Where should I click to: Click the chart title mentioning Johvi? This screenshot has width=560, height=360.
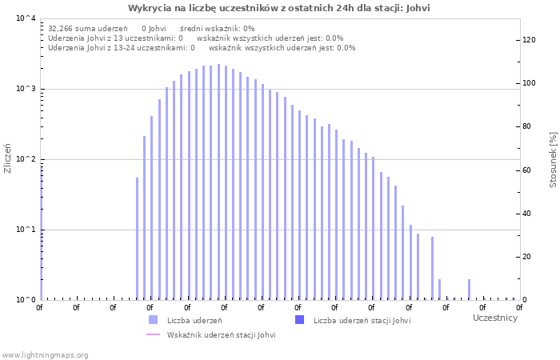click(x=279, y=8)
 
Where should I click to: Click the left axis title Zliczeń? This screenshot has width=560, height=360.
click(x=8, y=158)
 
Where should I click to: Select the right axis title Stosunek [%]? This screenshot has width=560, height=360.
click(x=553, y=160)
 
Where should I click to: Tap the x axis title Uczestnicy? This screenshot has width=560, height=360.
click(x=494, y=318)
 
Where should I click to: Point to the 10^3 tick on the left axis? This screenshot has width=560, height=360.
click(x=25, y=89)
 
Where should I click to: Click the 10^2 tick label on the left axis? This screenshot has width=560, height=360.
click(x=25, y=159)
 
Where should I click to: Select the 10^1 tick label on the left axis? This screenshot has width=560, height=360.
click(x=25, y=230)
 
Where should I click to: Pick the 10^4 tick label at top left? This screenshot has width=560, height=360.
click(x=25, y=18)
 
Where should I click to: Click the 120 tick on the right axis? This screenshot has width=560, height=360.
click(x=529, y=40)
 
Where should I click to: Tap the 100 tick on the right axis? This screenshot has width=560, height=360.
click(x=529, y=83)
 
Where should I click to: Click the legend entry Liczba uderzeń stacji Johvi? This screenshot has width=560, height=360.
click(x=362, y=321)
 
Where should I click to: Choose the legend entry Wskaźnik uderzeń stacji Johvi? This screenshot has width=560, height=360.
click(x=221, y=335)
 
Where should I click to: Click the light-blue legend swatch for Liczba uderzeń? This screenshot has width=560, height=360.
click(x=153, y=320)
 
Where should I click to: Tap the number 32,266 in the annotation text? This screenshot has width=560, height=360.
click(x=61, y=28)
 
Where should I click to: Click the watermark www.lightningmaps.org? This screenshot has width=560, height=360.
click(x=45, y=354)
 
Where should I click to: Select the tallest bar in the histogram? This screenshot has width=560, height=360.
click(x=218, y=182)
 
